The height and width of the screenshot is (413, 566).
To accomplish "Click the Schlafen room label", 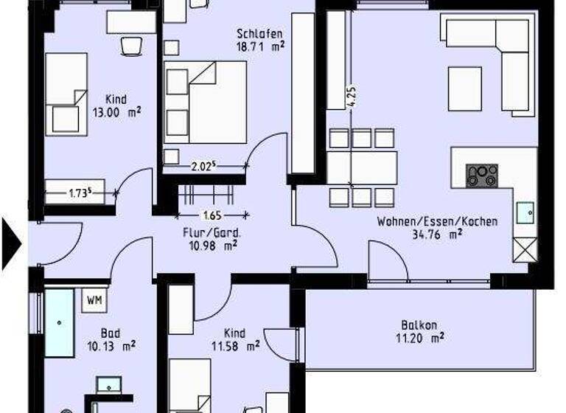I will pos(260,33).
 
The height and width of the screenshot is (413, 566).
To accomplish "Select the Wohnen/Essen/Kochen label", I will pos(437,221).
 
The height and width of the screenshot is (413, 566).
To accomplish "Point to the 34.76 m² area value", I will pos(437,235).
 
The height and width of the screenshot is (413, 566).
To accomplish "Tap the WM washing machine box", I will pos(95,300).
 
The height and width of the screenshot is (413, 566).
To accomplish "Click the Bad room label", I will pos(111,333).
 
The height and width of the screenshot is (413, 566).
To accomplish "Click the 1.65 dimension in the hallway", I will pos(212,216).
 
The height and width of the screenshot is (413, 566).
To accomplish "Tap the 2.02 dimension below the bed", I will pos(201,167).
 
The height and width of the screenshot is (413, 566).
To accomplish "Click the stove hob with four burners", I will pos(482,175).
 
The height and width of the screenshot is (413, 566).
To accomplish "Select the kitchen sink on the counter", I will pos(526,212).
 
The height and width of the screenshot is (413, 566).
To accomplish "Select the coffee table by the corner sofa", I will pos(464,88).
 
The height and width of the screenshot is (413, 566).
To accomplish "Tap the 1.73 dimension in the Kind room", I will pos(80,194).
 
